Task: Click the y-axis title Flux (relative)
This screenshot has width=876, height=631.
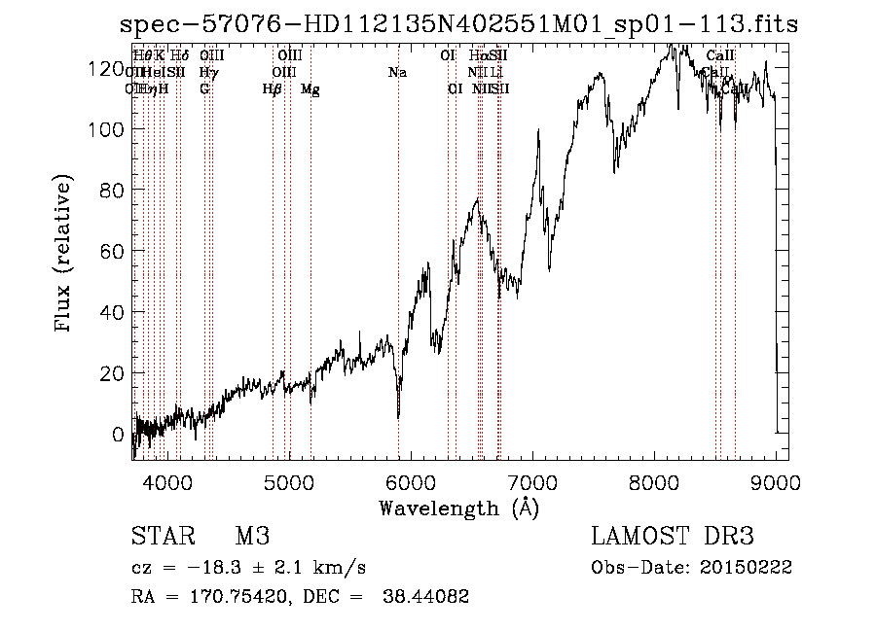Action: tap(64, 255)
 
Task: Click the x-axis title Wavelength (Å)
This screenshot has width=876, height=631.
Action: tap(458, 508)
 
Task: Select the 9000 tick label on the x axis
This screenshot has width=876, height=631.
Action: tap(776, 481)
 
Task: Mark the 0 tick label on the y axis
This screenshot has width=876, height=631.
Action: tap(118, 434)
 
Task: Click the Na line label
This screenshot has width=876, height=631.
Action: tap(397, 72)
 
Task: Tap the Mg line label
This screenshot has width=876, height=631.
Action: tap(310, 89)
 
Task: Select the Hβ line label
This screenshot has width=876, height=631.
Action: tap(273, 89)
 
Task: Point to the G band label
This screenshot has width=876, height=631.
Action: tap(204, 89)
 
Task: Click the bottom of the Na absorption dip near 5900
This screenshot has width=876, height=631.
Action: tap(398, 416)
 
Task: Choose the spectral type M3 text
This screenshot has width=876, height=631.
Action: tap(251, 537)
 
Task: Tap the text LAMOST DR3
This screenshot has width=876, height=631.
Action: tap(673, 537)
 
